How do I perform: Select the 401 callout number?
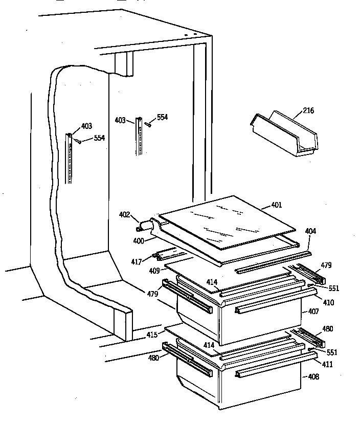click(276, 206)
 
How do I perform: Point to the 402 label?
click(125, 215)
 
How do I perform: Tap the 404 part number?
click(310, 231)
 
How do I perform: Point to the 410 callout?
click(328, 302)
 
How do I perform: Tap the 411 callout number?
click(327, 364)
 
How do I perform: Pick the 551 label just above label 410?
click(333, 288)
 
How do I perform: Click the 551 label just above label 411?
click(332, 352)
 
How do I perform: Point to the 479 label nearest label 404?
click(326, 265)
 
